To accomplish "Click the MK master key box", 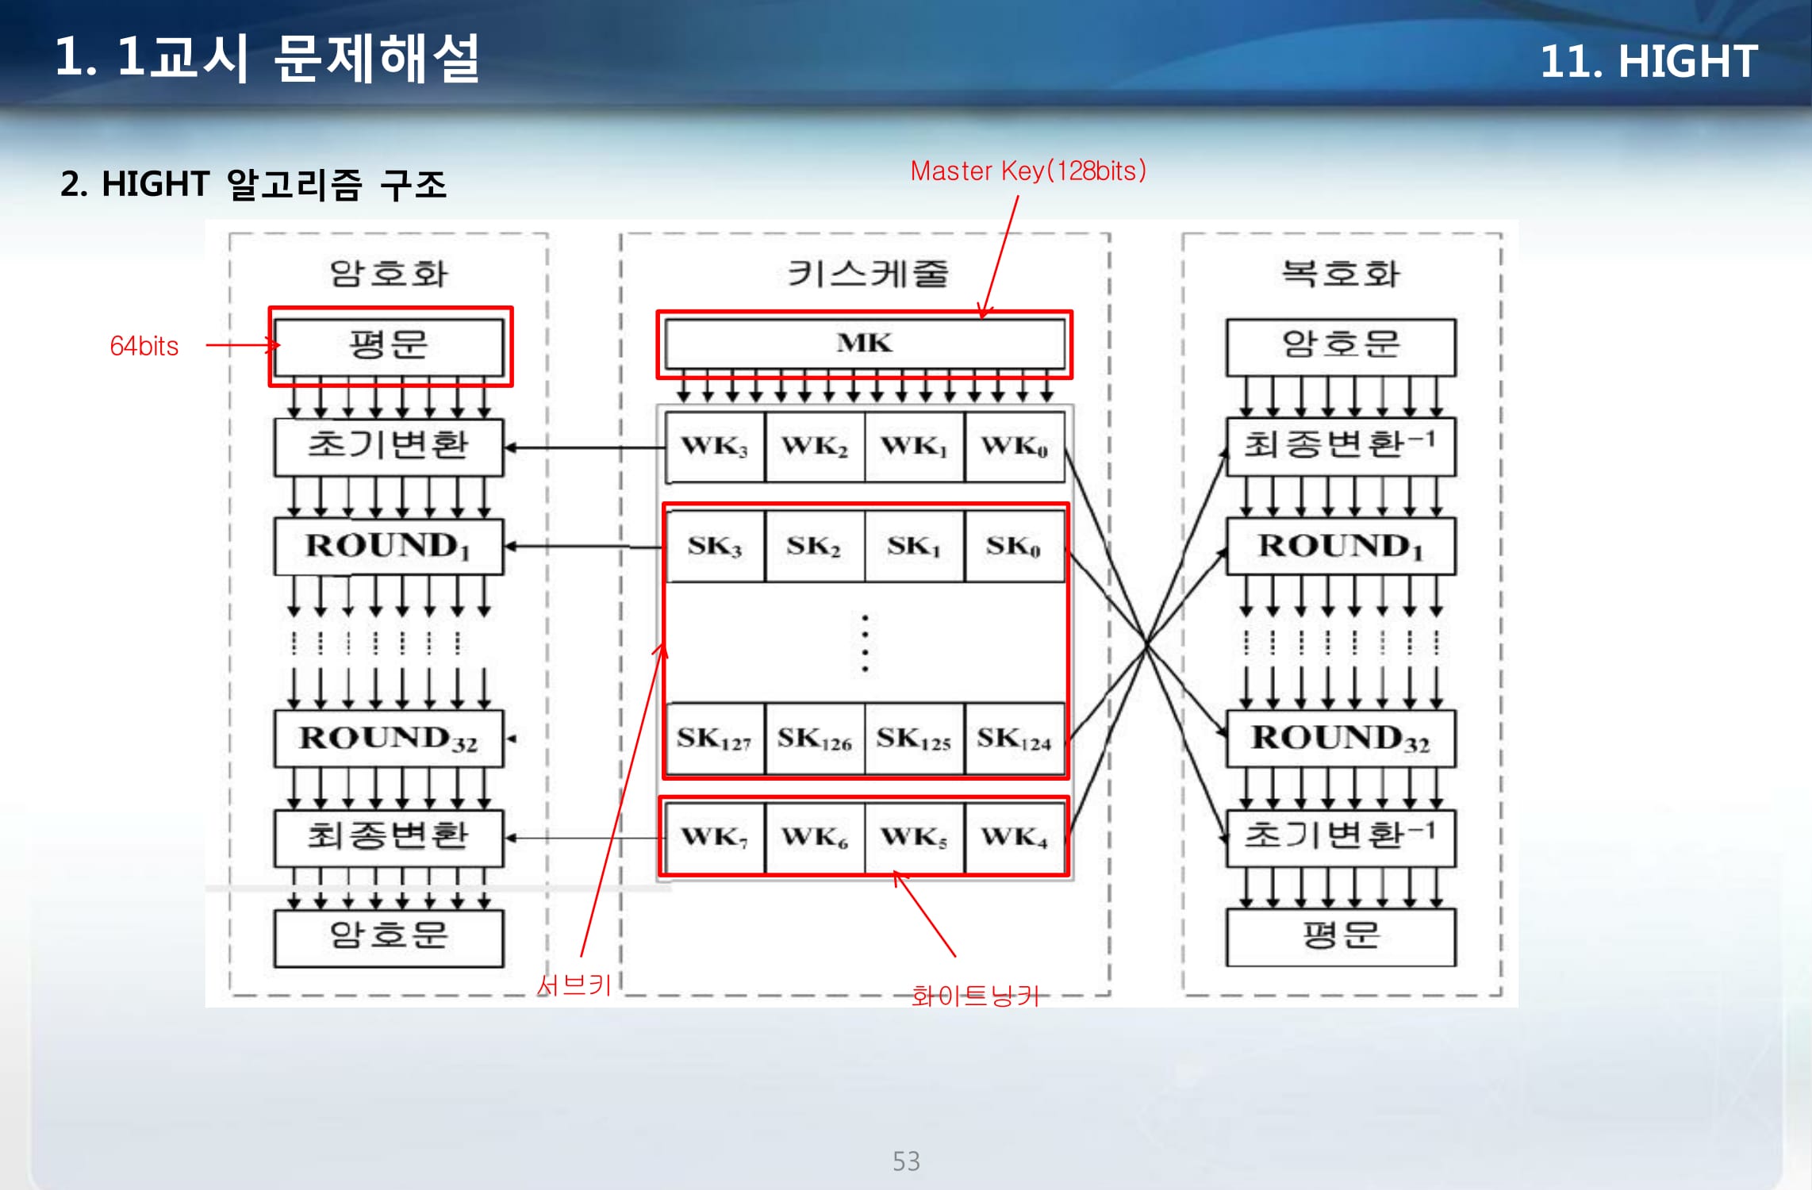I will point(864,344).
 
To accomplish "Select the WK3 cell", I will point(715,447).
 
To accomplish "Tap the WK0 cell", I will point(1014,447).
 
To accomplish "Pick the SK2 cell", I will point(814,547).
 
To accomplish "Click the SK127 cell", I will point(715,739).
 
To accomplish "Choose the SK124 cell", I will point(1014,739).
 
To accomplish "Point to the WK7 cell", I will point(715,837).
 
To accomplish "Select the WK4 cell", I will point(1014,837).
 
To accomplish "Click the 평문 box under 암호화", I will point(389,347).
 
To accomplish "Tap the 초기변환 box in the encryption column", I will point(389,447).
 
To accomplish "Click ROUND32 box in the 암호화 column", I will point(389,739).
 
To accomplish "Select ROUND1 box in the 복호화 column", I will point(1341,547).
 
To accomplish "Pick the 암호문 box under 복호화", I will point(1341,347).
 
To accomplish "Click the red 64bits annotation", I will point(144,347).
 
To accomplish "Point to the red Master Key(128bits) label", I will point(1028,171).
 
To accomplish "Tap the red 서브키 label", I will point(574,985).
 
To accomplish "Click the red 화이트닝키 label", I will point(975,996).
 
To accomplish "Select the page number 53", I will point(906,1161).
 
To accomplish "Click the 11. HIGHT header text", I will point(1649,61).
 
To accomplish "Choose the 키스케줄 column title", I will point(867,274).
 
